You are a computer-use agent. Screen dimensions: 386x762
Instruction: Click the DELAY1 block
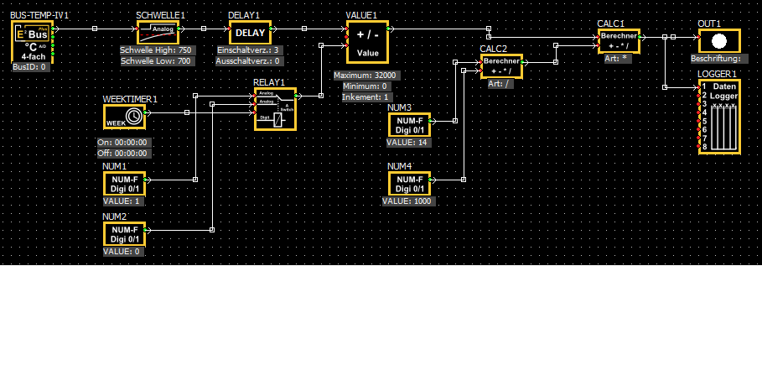tap(250, 33)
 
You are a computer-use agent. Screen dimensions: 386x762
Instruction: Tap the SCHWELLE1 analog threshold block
tap(158, 33)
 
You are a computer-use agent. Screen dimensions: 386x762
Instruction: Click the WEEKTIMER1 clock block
tap(124, 116)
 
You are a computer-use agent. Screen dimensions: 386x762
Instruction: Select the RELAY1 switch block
tap(275, 108)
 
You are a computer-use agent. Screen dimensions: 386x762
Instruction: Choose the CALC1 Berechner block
tap(619, 41)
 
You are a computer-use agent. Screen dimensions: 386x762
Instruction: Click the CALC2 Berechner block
tap(501, 66)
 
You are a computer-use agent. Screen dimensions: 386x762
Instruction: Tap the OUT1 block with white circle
tap(719, 41)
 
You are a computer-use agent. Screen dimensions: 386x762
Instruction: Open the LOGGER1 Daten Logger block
tap(719, 117)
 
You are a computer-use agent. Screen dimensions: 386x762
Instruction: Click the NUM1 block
tap(124, 183)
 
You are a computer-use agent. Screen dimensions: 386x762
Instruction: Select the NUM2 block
tap(124, 233)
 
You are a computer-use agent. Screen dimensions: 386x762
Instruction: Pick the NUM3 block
tap(409, 125)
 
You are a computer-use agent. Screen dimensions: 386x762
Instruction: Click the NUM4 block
tap(409, 184)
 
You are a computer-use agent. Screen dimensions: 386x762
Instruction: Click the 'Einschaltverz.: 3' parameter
tap(248, 51)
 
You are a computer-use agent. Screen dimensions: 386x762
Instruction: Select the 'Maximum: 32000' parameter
tap(365, 76)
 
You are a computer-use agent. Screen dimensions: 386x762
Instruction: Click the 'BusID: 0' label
tap(30, 66)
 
